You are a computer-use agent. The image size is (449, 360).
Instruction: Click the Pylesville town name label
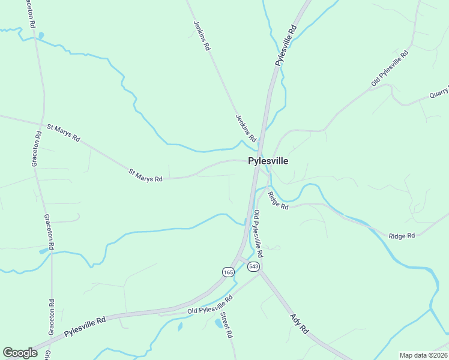tap(268, 161)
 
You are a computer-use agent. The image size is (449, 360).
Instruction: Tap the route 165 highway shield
tap(228, 272)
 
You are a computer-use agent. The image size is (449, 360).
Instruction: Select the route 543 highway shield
tap(253, 266)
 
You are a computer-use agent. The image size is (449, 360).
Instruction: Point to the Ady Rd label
tap(299, 324)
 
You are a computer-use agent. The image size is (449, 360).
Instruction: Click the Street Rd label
tap(226, 325)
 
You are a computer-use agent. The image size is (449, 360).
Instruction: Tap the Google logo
tap(20, 353)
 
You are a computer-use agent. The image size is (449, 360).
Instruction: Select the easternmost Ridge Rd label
tap(402, 236)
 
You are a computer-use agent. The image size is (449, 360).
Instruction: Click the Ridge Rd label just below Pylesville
tap(279, 200)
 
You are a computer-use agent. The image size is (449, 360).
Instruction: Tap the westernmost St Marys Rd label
tap(63, 132)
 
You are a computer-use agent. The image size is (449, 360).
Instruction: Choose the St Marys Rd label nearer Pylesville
tap(145, 175)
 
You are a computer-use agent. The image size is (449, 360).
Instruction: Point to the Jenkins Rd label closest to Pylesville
tap(246, 128)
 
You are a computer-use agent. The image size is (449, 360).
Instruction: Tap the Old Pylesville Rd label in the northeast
tap(390, 68)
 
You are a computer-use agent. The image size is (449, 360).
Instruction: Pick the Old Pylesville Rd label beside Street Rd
tap(209, 305)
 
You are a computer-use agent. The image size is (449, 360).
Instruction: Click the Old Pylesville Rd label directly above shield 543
tap(257, 230)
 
